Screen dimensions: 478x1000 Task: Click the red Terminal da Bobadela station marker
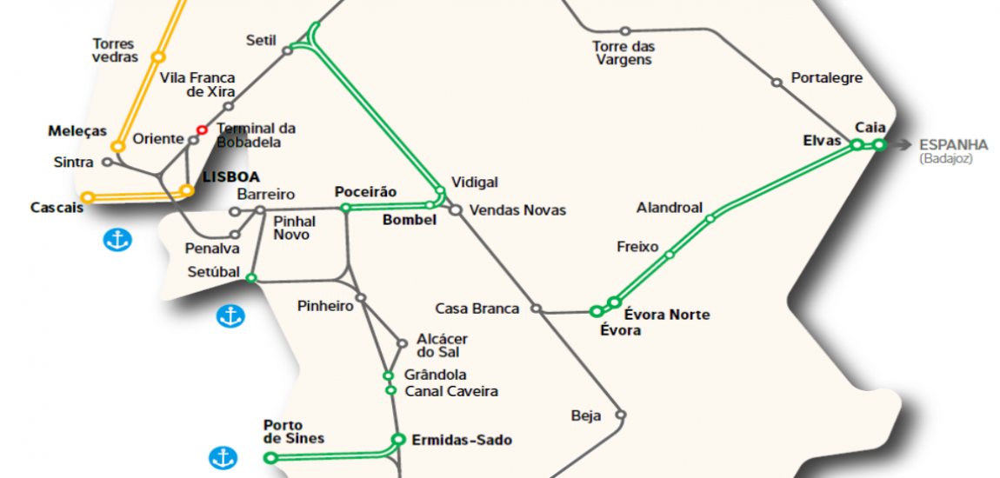(x=202, y=129)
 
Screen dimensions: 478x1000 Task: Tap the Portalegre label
(x=826, y=78)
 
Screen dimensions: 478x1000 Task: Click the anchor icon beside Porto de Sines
(x=223, y=457)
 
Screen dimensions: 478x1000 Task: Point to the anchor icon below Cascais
(x=117, y=241)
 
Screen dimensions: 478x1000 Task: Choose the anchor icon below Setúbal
(x=230, y=316)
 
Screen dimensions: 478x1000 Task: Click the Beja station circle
(x=621, y=415)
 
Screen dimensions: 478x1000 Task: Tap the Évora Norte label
(x=667, y=315)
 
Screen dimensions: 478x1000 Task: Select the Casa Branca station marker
(x=537, y=309)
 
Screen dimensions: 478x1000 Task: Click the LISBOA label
(x=230, y=176)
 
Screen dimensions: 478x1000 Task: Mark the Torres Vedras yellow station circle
(x=157, y=57)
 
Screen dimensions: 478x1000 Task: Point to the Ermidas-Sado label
(x=461, y=440)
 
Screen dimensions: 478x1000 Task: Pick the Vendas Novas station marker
(x=454, y=209)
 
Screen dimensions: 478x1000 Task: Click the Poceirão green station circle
(x=345, y=208)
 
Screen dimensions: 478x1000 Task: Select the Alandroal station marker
(x=710, y=219)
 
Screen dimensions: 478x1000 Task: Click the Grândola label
(x=436, y=375)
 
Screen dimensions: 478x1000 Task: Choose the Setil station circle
(x=287, y=51)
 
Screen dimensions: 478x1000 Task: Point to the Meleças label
(x=77, y=131)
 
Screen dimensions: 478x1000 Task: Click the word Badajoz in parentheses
(x=946, y=159)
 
